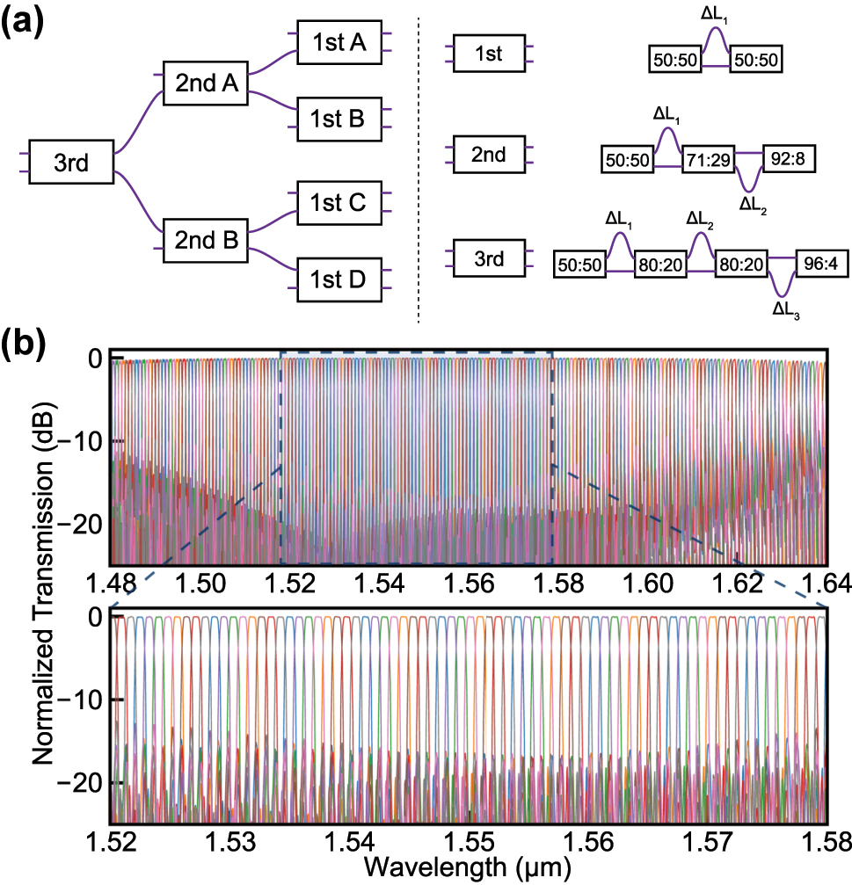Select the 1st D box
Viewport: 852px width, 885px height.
click(339, 279)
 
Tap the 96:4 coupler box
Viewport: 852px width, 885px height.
click(821, 264)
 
